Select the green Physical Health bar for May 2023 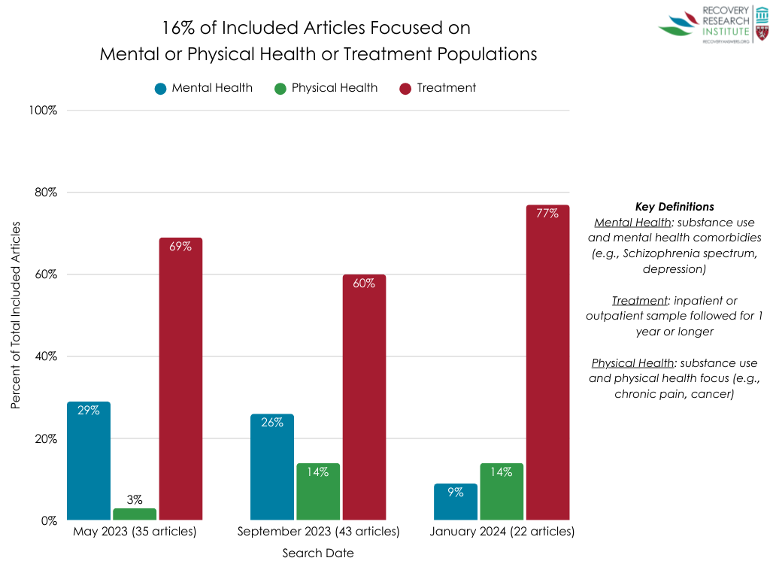click(135, 514)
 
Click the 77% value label click(547, 214)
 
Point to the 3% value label click(135, 499)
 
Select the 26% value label click(272, 423)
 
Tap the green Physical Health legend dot click(280, 89)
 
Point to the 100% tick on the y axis click(43, 111)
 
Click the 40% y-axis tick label click(45, 356)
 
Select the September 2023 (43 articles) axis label click(319, 532)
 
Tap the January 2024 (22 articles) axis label click(502, 532)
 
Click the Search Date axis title click(318, 553)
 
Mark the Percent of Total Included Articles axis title click(16, 316)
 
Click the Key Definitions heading click(675, 207)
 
